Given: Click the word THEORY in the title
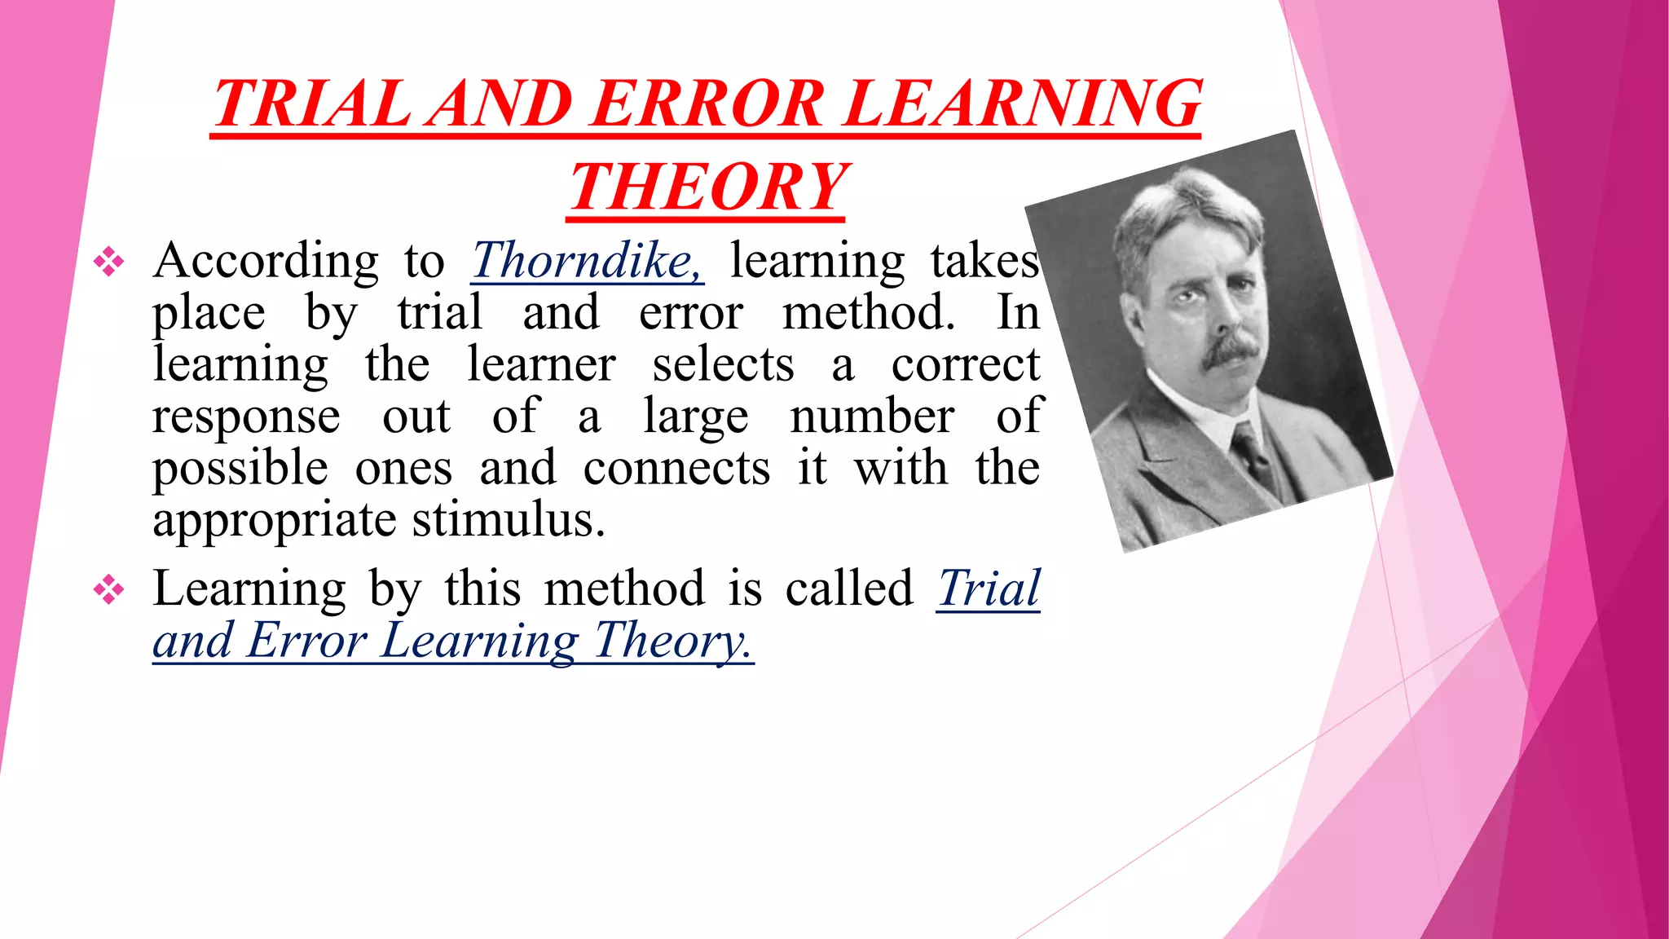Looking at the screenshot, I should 707,187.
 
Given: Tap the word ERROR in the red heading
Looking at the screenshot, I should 708,104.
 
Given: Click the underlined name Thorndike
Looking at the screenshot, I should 587,261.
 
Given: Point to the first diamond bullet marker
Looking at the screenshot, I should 108,262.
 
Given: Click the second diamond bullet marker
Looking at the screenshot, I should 108,589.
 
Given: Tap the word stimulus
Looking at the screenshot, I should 509,519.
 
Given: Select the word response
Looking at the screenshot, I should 246,417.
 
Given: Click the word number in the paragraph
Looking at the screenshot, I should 872,417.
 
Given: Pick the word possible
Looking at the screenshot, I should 240,469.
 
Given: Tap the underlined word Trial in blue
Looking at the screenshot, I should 989,588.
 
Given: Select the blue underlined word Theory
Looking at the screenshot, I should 672,641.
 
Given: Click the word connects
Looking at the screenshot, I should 676,469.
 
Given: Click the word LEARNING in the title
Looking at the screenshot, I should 1023,104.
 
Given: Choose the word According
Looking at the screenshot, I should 266,261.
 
